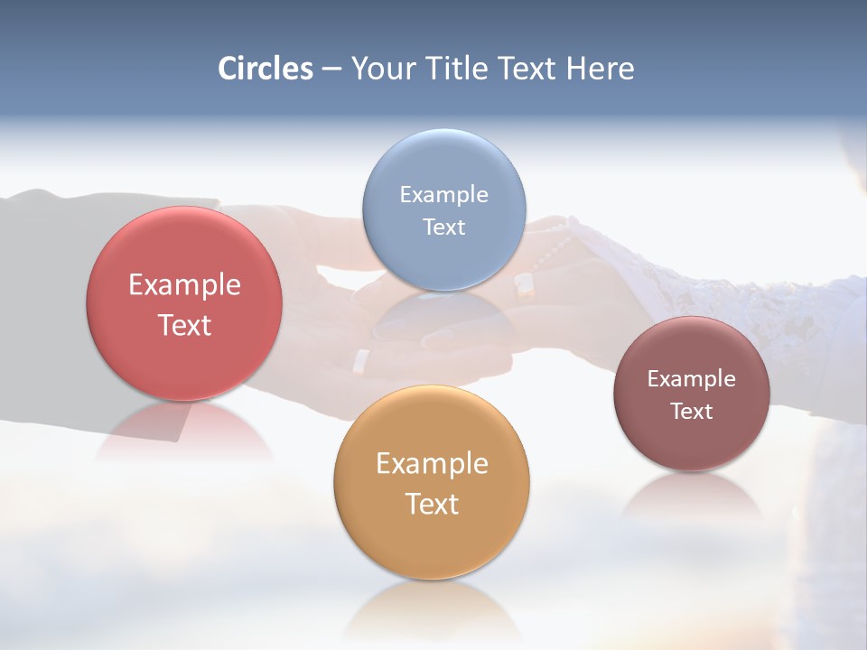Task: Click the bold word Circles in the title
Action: click(x=266, y=69)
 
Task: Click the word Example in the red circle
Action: click(x=184, y=285)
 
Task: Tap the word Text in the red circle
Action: click(x=184, y=325)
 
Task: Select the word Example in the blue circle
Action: click(x=443, y=195)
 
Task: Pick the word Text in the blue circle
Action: click(x=443, y=227)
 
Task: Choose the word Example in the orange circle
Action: click(x=432, y=464)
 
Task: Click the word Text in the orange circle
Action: click(x=432, y=504)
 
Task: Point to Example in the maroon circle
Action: click(x=691, y=379)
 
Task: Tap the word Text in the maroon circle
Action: click(x=691, y=412)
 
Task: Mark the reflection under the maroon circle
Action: click(x=691, y=497)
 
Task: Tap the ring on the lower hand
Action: click(x=360, y=360)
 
